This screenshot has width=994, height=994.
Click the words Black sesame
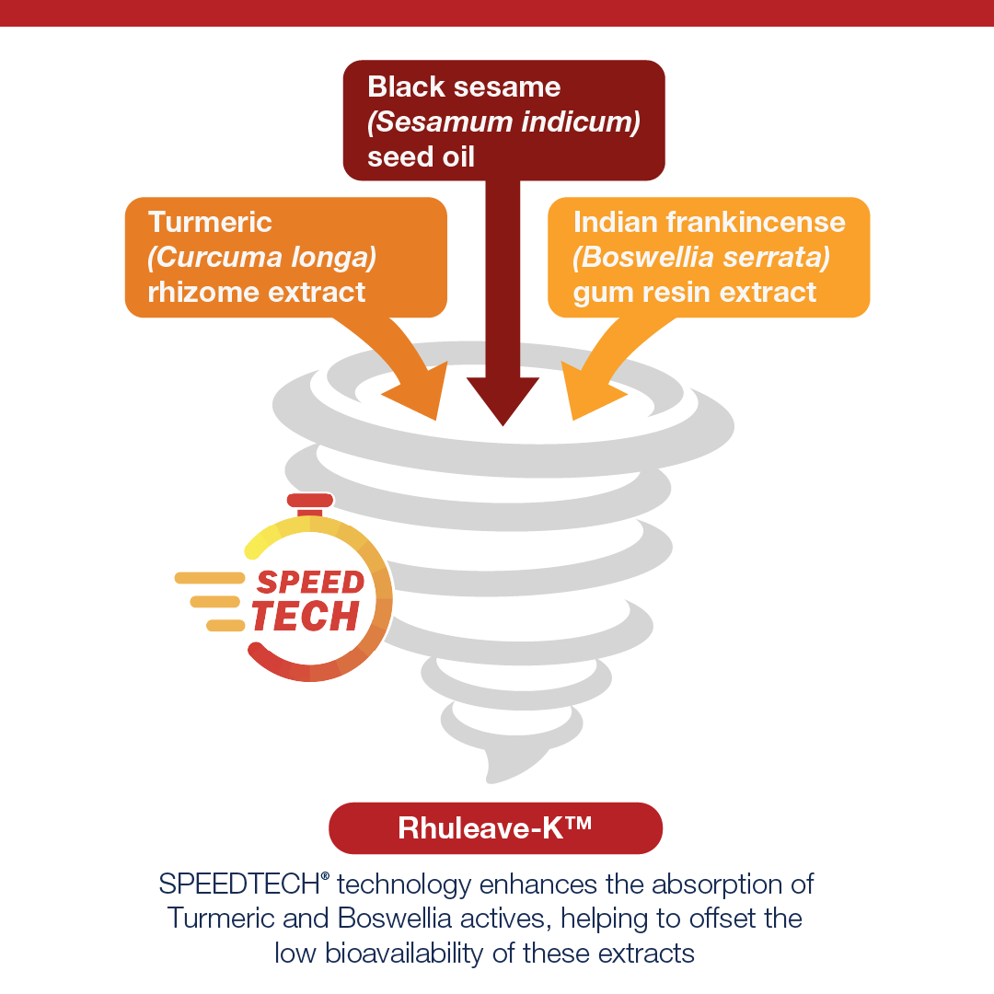464,87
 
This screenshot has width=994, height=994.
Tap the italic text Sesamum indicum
504,121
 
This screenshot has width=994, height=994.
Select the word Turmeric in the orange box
210,222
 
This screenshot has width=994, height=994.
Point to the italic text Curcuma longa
261,258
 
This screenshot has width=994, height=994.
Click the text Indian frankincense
710,222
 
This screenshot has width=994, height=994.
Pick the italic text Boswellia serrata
701,258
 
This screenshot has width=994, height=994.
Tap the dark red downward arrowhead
503,400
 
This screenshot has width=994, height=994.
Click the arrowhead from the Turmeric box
419,393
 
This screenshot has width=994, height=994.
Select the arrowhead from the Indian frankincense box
590,393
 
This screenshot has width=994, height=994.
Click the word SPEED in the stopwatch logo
311,582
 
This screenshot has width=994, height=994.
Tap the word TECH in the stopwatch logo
306,616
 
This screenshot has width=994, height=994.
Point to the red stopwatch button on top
310,500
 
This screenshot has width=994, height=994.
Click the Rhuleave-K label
495,828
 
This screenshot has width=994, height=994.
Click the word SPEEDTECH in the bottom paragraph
239,884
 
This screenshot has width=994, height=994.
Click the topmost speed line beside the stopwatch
210,577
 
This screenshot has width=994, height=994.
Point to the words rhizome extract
257,293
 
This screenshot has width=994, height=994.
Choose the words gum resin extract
695,294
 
